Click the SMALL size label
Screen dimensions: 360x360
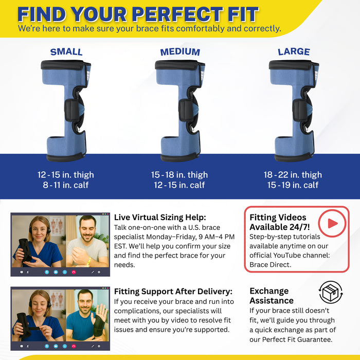coord(66,52)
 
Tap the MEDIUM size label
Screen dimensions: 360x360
coord(180,52)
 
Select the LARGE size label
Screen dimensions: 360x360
coord(294,52)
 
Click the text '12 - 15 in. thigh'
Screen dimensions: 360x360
coord(66,175)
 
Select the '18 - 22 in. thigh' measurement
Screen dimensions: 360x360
coord(293,175)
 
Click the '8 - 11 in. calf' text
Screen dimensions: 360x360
coord(66,185)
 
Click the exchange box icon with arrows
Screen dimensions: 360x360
coord(331,292)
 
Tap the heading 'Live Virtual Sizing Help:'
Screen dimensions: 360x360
coord(160,217)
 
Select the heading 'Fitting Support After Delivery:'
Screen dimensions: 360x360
coord(173,292)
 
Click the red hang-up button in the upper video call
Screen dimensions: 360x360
coord(74,272)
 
